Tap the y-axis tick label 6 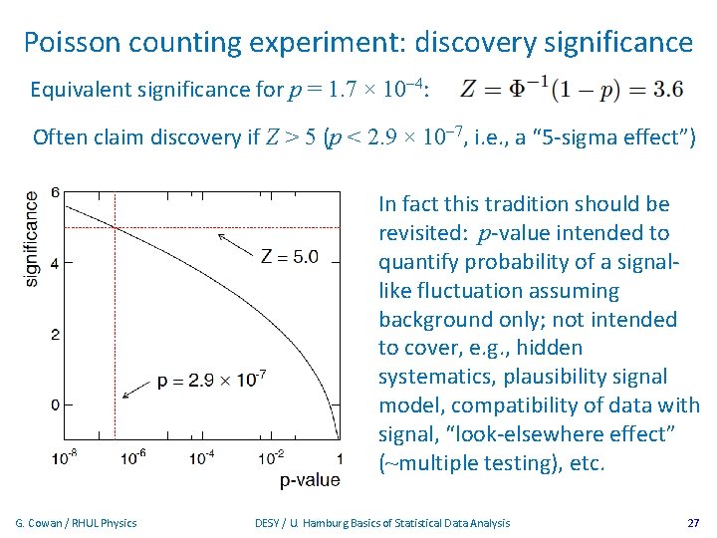click(56, 192)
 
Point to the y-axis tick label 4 click(56, 264)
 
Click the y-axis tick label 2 click(56, 334)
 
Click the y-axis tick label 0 click(56, 404)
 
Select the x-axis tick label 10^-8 click(67, 456)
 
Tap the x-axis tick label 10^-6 click(135, 456)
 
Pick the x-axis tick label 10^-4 click(203, 456)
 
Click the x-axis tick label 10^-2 click(271, 456)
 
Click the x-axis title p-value click(310, 480)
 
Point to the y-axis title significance click(32, 239)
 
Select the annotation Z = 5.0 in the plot click(289, 256)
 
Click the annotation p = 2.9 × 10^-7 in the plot click(211, 380)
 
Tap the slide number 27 click(693, 523)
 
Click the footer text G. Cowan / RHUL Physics click(77, 523)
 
